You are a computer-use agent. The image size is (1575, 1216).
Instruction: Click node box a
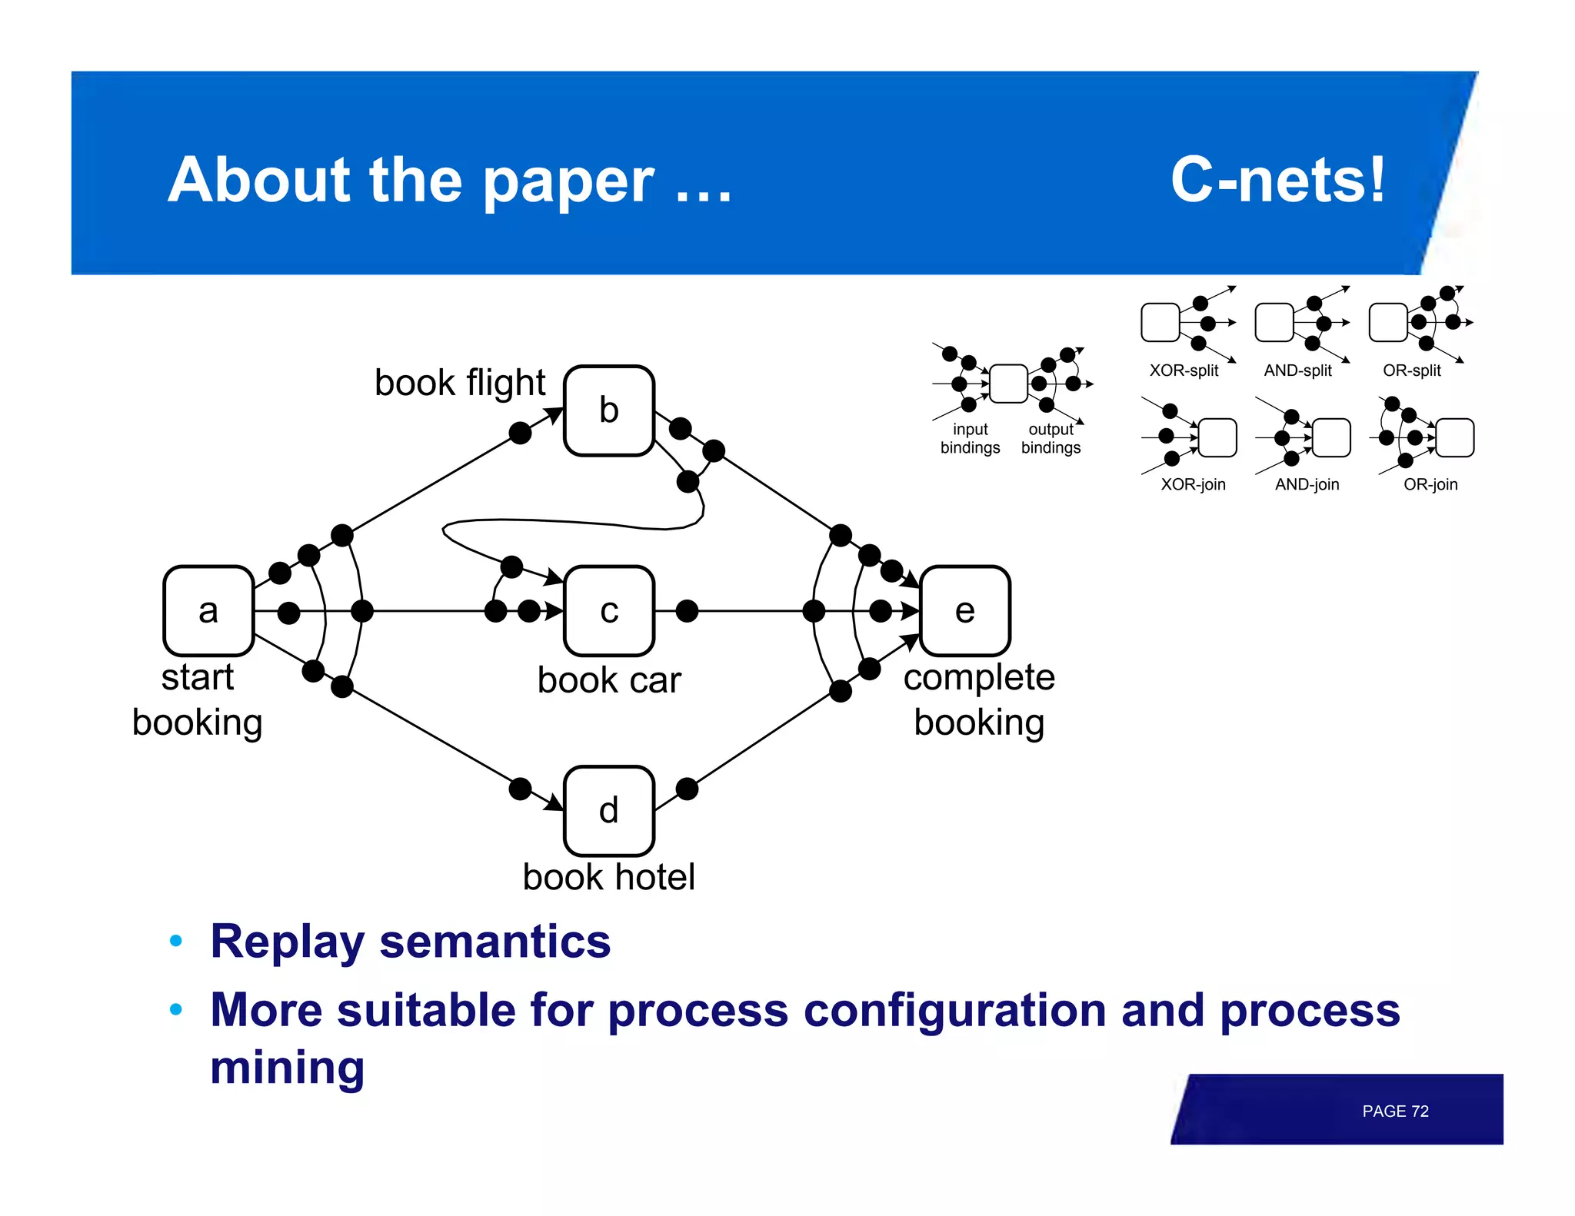tap(208, 611)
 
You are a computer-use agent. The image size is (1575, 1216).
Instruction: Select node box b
tap(609, 410)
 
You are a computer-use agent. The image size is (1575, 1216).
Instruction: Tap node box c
tap(609, 611)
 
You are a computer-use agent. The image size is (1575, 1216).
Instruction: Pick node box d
tap(609, 811)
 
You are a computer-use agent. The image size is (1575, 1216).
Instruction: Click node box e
tap(964, 611)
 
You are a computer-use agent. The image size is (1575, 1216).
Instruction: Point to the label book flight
tap(460, 383)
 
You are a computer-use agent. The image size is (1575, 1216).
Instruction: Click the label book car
tap(609, 680)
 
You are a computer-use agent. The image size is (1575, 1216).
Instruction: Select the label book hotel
tap(608, 877)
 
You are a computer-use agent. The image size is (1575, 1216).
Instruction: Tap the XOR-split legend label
tap(1184, 370)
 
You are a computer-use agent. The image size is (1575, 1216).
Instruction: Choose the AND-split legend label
tap(1297, 370)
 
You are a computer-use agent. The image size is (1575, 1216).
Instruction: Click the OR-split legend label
tap(1411, 370)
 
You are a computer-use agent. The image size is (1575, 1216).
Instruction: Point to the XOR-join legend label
tap(1193, 484)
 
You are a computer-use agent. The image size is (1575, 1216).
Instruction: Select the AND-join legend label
tap(1307, 484)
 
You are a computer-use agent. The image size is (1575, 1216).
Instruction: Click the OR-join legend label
tap(1430, 484)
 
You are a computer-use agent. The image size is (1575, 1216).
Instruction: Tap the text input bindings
tap(970, 439)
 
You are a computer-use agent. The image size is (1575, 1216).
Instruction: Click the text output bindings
tap(1051, 439)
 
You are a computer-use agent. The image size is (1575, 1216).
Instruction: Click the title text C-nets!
tap(1277, 180)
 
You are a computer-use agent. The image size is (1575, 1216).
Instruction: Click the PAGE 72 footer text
tap(1394, 1111)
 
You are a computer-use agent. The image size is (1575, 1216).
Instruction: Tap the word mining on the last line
tap(287, 1068)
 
